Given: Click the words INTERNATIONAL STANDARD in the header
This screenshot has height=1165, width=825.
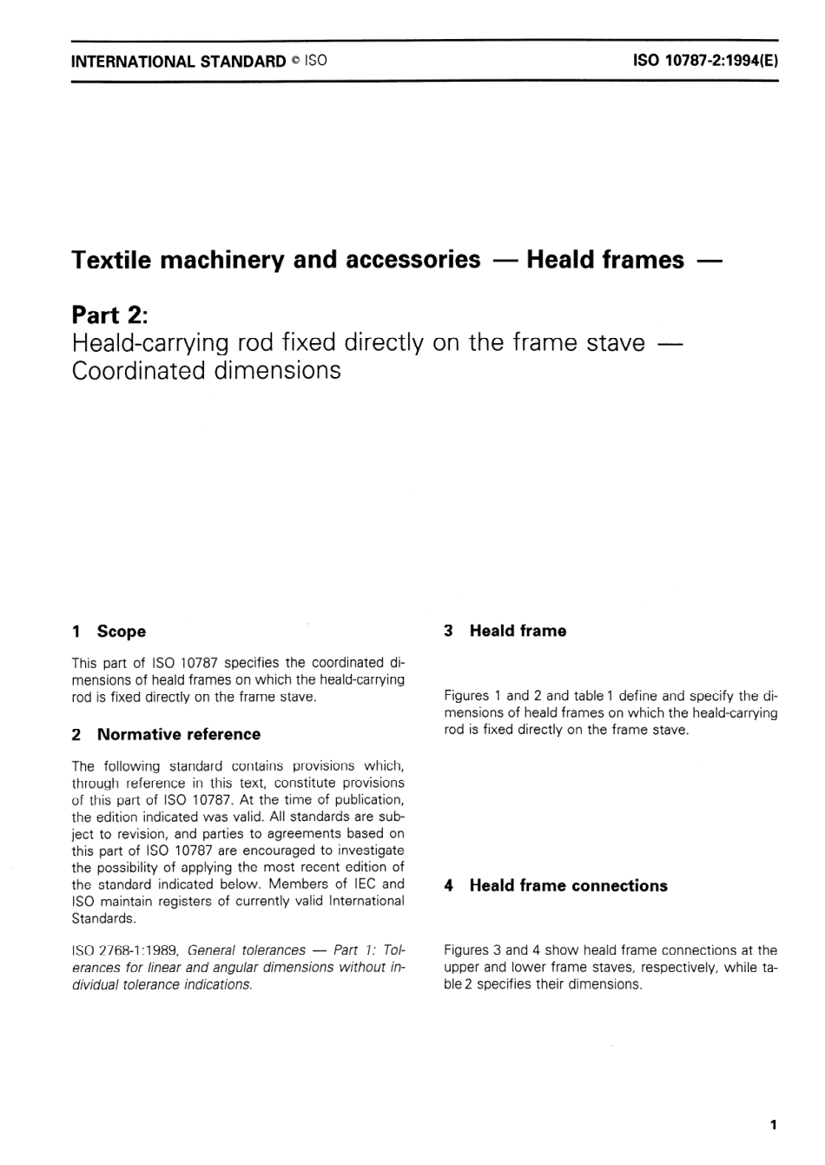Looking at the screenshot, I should pyautogui.click(x=178, y=62).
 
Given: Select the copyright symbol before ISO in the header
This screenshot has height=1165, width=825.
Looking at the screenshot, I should pyautogui.click(x=295, y=62).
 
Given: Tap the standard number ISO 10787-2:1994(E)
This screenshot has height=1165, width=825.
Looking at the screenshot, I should pyautogui.click(x=705, y=62).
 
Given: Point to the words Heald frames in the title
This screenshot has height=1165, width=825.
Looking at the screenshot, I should pyautogui.click(x=604, y=260).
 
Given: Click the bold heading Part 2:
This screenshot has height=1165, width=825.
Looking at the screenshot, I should pyautogui.click(x=111, y=314).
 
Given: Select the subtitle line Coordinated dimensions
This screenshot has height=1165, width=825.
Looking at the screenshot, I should pyautogui.click(x=206, y=371).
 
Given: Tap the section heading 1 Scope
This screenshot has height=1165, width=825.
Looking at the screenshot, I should pyautogui.click(x=109, y=632).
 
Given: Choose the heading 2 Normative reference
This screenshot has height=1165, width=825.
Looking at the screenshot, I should pyautogui.click(x=166, y=734).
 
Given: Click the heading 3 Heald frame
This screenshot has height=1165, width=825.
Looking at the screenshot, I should pyautogui.click(x=505, y=631).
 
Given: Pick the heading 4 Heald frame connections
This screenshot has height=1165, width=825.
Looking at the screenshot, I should pyautogui.click(x=556, y=885).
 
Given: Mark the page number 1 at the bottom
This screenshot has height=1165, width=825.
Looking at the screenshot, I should pyautogui.click(x=773, y=1125).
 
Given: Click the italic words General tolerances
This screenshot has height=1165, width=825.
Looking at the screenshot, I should pyautogui.click(x=247, y=950).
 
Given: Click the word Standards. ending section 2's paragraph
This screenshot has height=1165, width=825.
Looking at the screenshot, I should pyautogui.click(x=103, y=918).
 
